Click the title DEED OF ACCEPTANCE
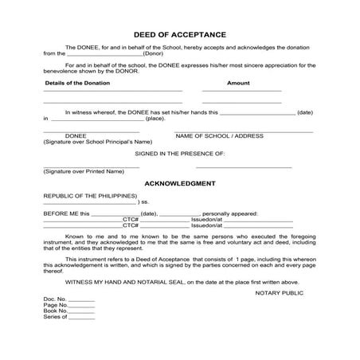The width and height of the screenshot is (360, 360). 180,35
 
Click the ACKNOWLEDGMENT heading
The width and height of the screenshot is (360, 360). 180,183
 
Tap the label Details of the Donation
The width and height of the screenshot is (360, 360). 76,83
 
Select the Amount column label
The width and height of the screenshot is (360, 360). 238,83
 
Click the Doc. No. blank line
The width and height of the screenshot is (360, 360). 81,299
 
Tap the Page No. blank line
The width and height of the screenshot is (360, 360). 83,306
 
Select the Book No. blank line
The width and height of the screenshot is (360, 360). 83,311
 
